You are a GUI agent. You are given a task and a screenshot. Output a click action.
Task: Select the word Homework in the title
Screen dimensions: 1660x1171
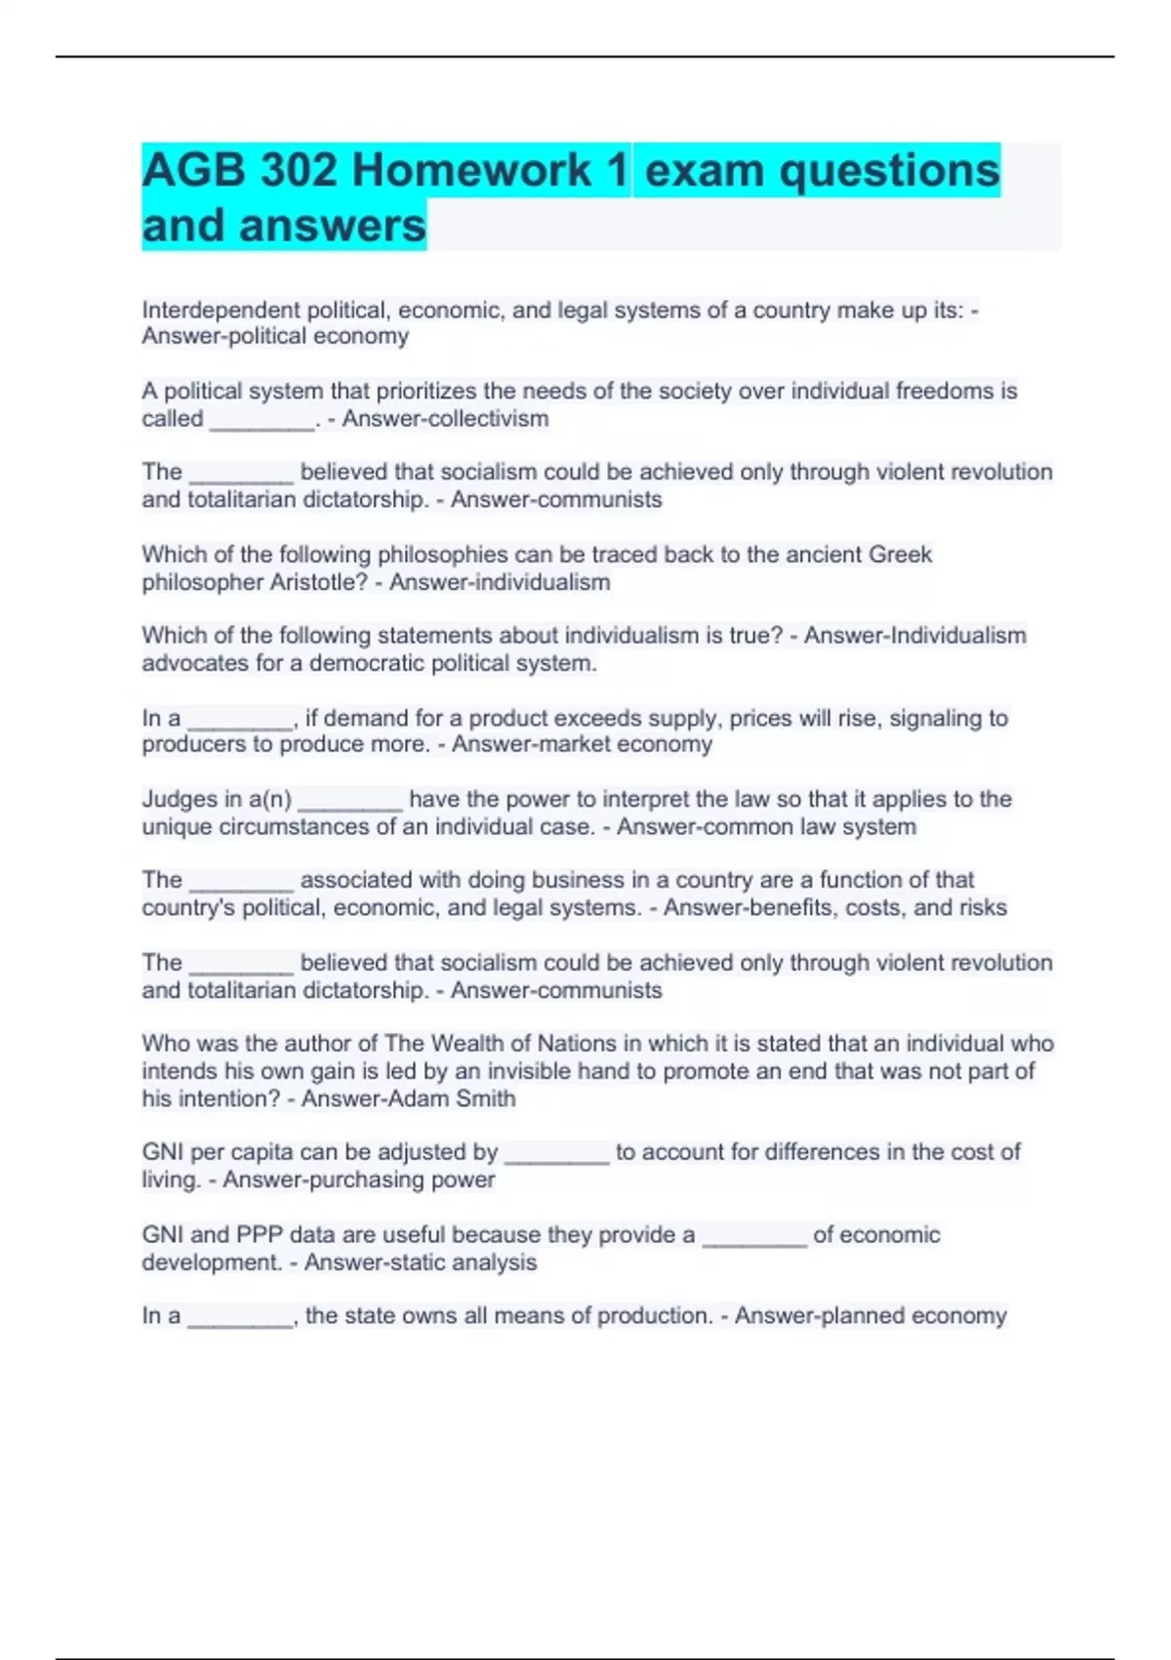[470, 171]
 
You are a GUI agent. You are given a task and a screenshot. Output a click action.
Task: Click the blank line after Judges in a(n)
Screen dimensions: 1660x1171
[349, 803]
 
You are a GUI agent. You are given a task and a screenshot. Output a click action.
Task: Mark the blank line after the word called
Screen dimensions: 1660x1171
[262, 423]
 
